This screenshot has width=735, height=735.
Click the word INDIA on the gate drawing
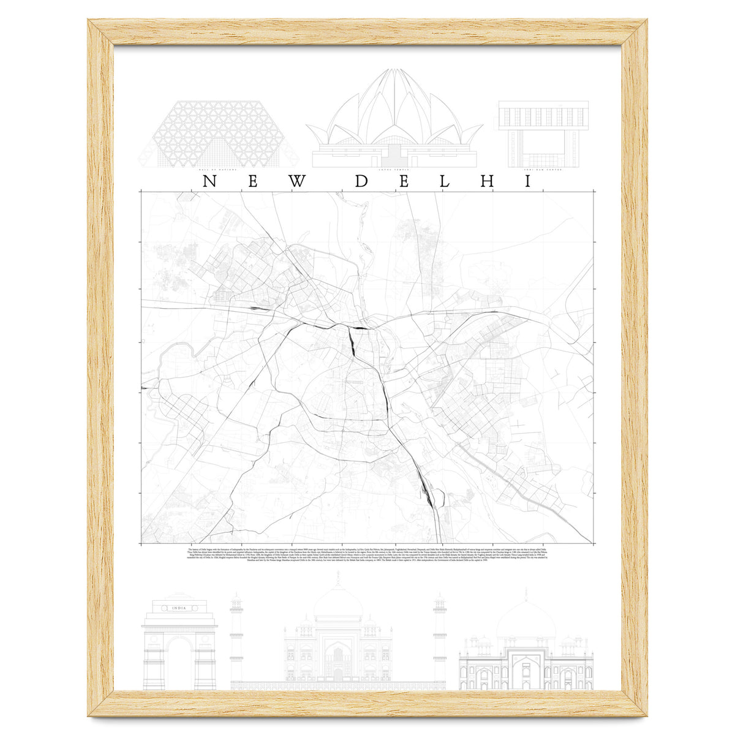179,608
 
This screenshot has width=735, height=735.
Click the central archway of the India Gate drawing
179,665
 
